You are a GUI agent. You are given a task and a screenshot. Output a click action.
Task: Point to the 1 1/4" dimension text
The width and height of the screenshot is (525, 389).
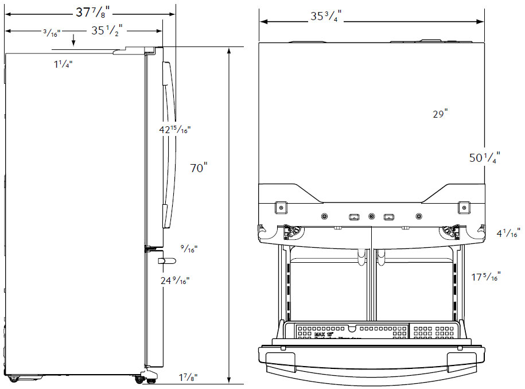(63, 65)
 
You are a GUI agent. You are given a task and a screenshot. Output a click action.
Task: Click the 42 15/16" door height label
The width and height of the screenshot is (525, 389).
(174, 130)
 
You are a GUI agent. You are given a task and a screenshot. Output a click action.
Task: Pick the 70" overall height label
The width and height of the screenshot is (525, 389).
(199, 168)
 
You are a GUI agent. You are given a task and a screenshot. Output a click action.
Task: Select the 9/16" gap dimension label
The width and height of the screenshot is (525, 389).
(188, 249)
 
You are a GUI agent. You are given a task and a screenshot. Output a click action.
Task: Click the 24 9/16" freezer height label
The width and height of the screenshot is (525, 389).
(174, 280)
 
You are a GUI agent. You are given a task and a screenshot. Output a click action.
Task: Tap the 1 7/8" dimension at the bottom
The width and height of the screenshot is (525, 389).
(187, 378)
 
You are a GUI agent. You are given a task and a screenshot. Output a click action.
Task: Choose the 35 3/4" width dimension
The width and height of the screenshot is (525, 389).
(325, 17)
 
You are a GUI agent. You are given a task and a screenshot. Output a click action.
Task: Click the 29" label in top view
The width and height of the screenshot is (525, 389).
(440, 114)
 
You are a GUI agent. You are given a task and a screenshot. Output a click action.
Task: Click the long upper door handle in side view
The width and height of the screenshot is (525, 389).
(166, 143)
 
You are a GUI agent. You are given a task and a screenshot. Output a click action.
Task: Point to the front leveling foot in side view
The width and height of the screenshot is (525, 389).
(149, 376)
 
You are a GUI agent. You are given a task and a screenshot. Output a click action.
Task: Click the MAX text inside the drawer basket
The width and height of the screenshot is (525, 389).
(319, 333)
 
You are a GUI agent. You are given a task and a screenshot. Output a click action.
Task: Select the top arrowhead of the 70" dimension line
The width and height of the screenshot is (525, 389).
(229, 50)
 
